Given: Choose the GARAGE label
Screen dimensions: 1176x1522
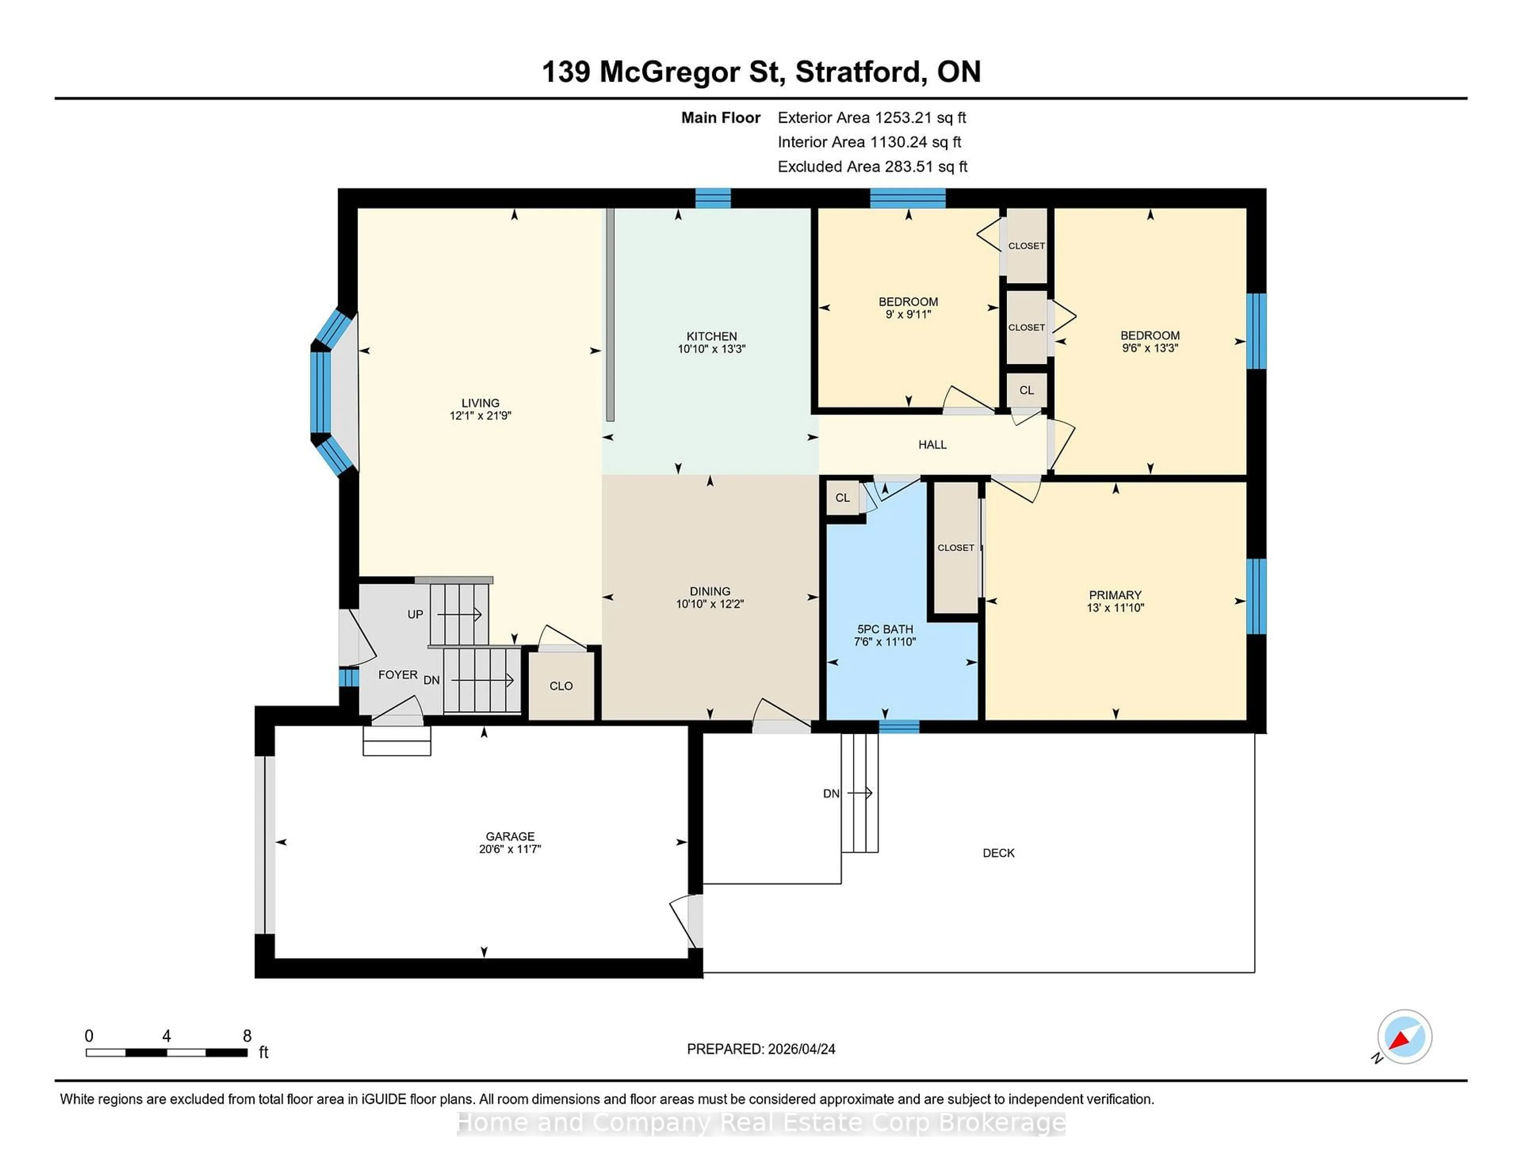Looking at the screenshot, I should point(510,836).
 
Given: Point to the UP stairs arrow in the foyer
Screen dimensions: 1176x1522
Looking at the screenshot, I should point(460,615).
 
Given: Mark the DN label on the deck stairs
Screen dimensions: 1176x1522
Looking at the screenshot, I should point(831,794).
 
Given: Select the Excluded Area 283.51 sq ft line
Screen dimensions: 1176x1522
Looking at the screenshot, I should point(872,166).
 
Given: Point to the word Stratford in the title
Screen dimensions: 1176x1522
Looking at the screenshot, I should point(860,72).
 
